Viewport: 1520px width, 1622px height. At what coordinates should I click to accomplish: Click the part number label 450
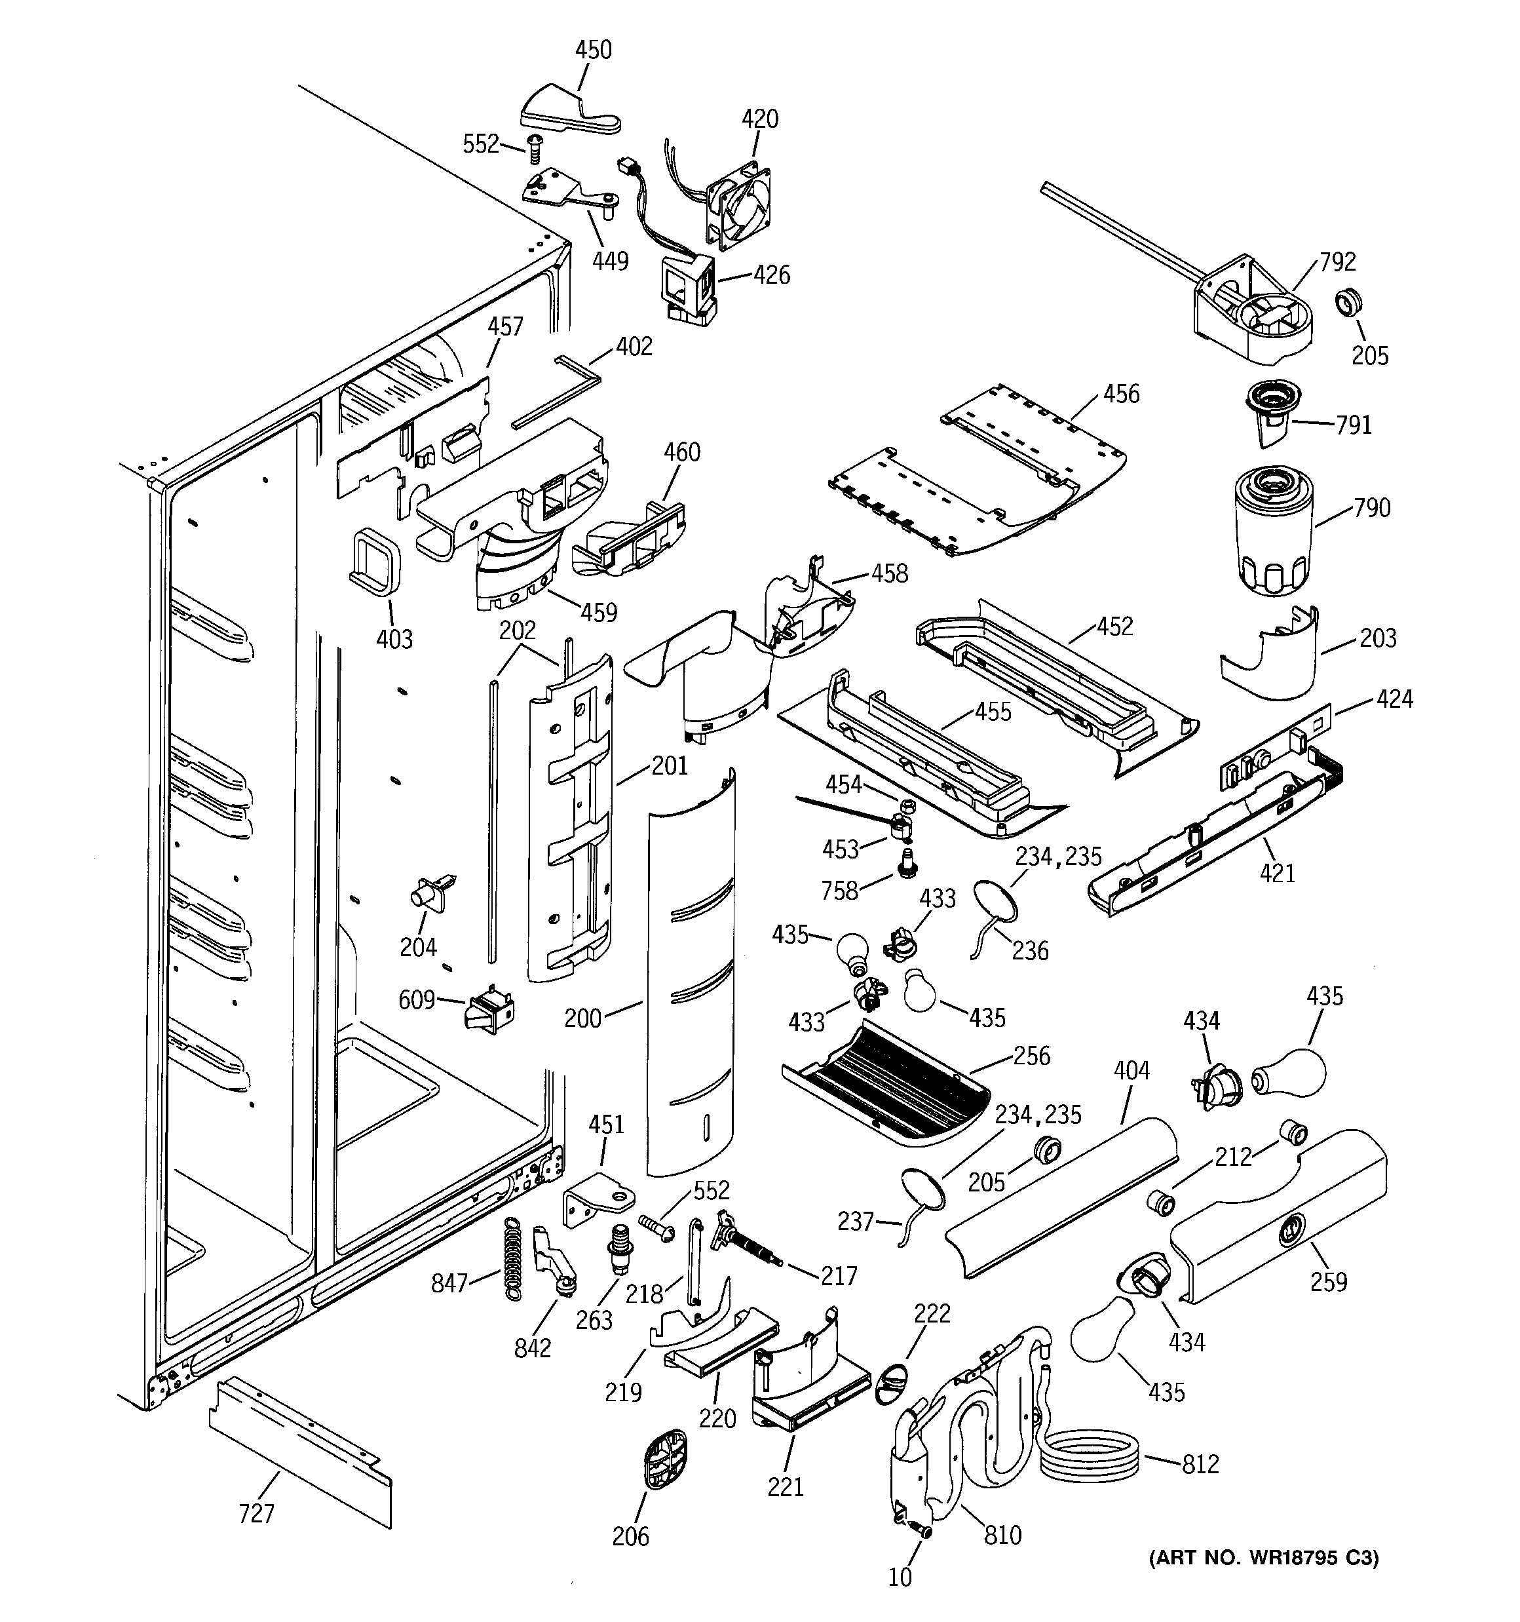pos(593,50)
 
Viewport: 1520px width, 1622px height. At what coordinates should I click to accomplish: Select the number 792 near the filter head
pos(1337,262)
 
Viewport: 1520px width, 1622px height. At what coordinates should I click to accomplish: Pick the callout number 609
pos(416,999)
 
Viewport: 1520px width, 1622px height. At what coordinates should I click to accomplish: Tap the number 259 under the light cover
pos(1328,1282)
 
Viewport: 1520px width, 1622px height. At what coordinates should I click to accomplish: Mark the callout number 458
pos(888,573)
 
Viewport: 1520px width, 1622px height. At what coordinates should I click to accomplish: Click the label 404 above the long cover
pos(1131,1070)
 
